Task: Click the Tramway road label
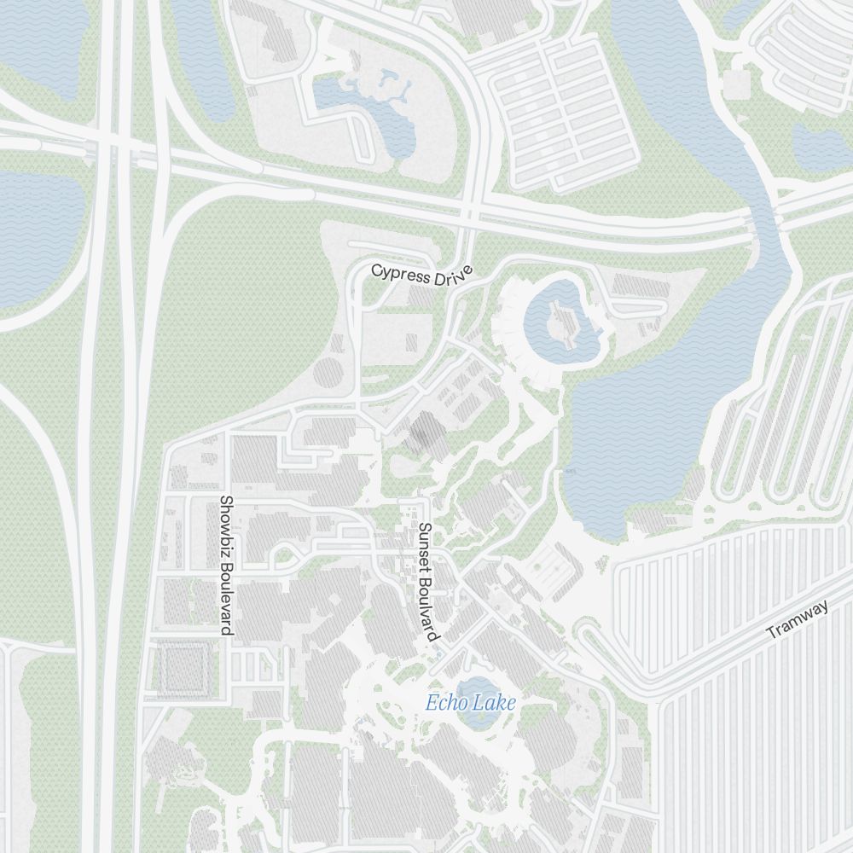(798, 620)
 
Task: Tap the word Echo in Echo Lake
(444, 704)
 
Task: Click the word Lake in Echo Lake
(496, 704)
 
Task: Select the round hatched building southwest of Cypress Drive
(328, 374)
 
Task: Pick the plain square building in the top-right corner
(736, 84)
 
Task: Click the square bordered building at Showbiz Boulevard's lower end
(181, 668)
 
